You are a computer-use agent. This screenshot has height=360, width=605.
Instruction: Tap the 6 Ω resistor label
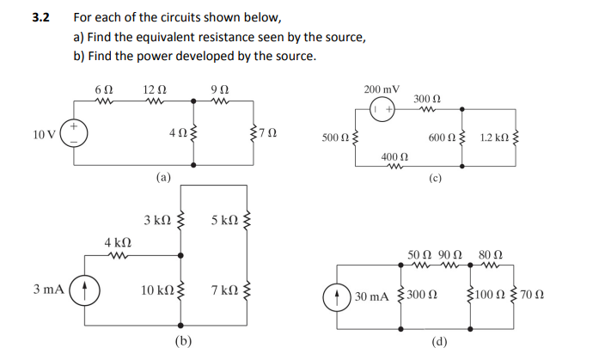(x=103, y=90)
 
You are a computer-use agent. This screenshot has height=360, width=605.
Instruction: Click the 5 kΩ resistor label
(x=224, y=221)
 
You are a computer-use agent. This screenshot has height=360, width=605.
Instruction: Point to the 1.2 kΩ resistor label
(x=496, y=137)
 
